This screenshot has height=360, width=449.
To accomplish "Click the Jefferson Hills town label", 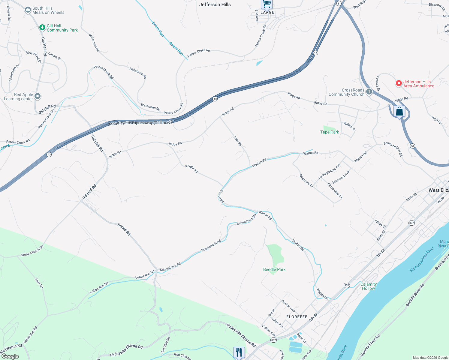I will (x=215, y=4).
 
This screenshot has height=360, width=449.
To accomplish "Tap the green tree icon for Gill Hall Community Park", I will (x=42, y=28).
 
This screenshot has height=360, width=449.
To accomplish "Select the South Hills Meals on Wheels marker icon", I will (x=28, y=10).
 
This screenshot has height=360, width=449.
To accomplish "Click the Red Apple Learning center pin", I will (x=38, y=96).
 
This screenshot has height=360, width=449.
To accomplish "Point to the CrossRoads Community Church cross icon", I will (x=369, y=92).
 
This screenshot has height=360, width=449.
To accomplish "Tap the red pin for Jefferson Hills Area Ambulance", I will (x=399, y=83).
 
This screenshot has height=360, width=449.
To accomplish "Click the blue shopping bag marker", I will (x=399, y=112).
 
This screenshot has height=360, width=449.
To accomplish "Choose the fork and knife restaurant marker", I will (x=239, y=352).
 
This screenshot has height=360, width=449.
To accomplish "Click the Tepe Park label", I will (x=330, y=132).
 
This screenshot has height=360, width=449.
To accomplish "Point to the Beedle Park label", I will (x=274, y=269).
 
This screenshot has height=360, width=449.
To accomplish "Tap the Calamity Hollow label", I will (x=368, y=286).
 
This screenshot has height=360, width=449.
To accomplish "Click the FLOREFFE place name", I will (x=297, y=317).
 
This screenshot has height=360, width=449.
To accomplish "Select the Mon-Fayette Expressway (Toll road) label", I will (x=140, y=123).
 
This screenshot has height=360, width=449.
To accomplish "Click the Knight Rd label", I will (x=191, y=169).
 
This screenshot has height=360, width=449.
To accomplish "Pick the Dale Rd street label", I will (x=237, y=141).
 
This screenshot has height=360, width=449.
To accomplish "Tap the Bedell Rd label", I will (x=124, y=229).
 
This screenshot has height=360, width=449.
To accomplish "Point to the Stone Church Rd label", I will (x=32, y=251).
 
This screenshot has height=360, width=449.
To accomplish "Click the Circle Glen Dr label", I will (x=335, y=191).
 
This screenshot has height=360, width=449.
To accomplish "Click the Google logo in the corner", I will (x=10, y=356).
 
